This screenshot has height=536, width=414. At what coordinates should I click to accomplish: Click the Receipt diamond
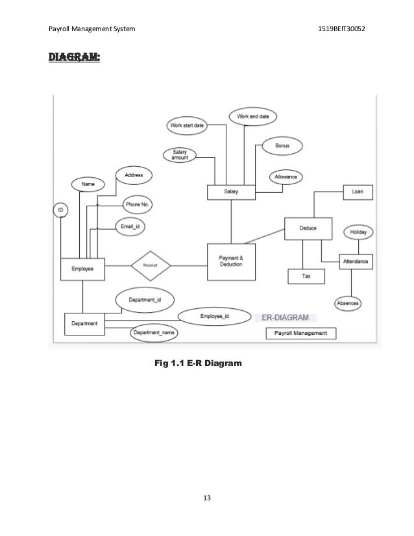coord(151,264)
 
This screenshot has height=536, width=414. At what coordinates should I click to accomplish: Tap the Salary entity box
coord(230,193)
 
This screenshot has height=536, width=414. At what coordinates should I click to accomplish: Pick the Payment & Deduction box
coord(230,261)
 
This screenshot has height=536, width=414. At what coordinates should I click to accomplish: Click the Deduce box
coord(308,228)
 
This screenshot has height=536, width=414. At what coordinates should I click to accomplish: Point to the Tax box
coord(306,276)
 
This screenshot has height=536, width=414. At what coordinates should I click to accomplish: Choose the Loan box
coord(358,192)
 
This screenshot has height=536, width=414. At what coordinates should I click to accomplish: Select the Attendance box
coord(356,261)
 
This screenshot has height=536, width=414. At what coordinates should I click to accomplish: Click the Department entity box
coord(84,323)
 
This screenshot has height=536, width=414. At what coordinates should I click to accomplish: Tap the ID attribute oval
coord(60,211)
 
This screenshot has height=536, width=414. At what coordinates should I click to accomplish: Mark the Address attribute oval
coord(134,175)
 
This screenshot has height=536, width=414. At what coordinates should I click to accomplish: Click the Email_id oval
coord(130,226)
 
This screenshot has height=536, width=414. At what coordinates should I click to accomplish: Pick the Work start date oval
coord(187,125)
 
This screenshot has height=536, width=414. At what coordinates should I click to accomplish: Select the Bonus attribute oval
coord(282,146)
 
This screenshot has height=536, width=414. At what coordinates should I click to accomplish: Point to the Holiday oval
coord(358,232)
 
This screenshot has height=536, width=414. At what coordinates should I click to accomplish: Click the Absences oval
coord(348,302)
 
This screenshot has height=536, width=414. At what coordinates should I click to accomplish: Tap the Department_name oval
coord(154,333)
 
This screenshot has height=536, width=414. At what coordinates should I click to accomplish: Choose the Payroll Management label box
coord(301,333)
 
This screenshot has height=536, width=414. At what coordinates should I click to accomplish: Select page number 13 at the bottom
coord(207,498)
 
